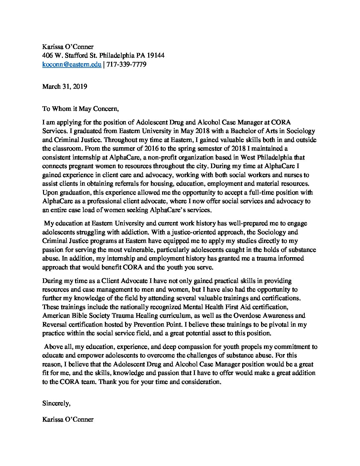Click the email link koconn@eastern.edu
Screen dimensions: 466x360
pyautogui.click(x=72, y=65)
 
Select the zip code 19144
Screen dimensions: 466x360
pyautogui.click(x=156, y=56)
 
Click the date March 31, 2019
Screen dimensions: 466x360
pyautogui.click(x=65, y=86)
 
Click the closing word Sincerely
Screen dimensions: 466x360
pyautogui.click(x=56, y=403)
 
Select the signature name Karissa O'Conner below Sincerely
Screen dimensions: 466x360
pyautogui.click(x=68, y=419)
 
